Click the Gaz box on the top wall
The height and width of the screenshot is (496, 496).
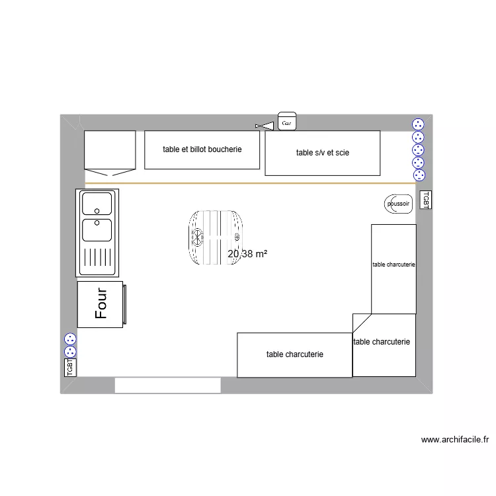pos(286,122)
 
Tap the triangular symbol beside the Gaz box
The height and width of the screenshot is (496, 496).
pos(265,126)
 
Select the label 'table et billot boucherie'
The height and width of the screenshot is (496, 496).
pos(202,149)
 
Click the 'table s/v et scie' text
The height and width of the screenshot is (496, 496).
pos(323,153)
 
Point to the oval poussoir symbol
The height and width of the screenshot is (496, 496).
pos(397,204)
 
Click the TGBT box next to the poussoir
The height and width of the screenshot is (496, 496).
pos(425,200)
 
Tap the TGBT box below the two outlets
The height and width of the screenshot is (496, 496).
pos(70,367)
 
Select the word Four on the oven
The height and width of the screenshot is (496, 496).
pos(101,304)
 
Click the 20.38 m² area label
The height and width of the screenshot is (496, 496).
pos(247,253)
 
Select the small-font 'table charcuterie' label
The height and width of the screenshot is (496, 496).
pos(393,265)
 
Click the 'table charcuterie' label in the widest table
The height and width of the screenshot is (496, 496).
pos(294,354)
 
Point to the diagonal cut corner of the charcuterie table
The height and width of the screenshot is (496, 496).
pos(361,323)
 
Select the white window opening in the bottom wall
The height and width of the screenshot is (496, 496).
pos(167,386)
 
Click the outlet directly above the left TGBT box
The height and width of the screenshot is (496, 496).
pos(70,351)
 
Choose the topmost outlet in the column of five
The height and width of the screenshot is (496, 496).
pos(418,124)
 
